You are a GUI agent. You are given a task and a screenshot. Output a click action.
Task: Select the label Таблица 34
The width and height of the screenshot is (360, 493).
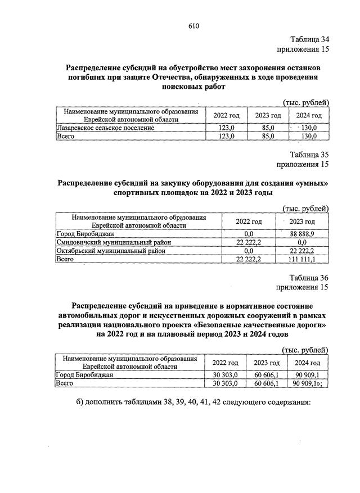309,39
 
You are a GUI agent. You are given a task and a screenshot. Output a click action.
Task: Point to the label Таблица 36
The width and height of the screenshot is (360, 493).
309,278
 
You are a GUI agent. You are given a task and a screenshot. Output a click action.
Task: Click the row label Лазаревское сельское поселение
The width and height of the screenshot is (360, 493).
106,128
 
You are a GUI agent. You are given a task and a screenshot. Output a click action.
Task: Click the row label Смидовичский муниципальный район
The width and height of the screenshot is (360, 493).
115,242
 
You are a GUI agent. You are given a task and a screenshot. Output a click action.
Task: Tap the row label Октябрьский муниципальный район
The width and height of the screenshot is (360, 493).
111,251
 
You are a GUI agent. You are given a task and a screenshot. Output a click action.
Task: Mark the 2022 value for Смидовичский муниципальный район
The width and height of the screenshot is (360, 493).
249,242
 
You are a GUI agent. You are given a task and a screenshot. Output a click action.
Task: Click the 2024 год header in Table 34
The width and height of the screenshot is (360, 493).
308,116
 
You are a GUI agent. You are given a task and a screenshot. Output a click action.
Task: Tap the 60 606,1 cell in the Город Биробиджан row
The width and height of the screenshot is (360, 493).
267,375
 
